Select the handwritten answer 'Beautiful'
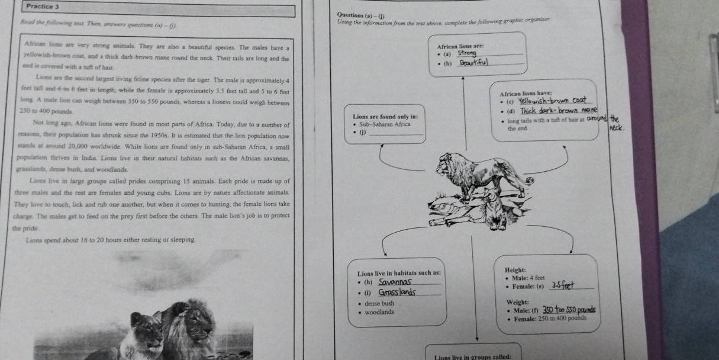475,63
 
